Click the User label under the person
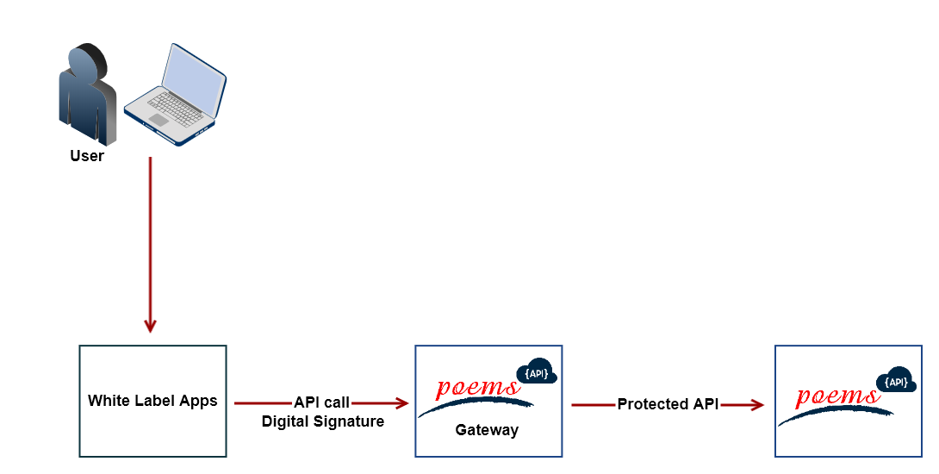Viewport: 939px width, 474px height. click(x=87, y=156)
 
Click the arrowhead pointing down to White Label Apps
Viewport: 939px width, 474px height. click(x=151, y=326)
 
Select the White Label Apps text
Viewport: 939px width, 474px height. click(x=152, y=401)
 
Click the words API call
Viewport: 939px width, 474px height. click(x=322, y=402)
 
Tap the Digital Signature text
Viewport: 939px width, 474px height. click(x=323, y=421)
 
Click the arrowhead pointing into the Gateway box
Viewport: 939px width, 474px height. click(x=401, y=402)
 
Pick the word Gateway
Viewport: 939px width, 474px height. click(x=487, y=429)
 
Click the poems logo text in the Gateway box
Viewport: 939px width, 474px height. click(x=477, y=388)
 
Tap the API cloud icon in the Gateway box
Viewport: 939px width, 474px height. click(x=536, y=373)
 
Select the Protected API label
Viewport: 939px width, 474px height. click(x=668, y=404)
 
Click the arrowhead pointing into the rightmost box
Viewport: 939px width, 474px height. click(x=757, y=404)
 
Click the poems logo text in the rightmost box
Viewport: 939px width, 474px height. click(x=837, y=396)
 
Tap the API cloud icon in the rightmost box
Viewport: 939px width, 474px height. click(x=896, y=382)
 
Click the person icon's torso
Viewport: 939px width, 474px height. click(x=87, y=108)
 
